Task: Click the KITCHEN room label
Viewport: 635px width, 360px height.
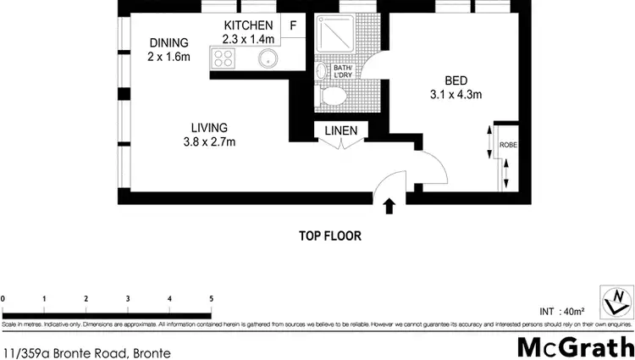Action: pyautogui.click(x=248, y=25)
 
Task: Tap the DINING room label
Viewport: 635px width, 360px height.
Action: pyautogui.click(x=169, y=43)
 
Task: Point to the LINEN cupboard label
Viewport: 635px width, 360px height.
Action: pyautogui.click(x=340, y=130)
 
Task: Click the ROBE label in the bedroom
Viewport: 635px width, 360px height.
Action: pyautogui.click(x=508, y=145)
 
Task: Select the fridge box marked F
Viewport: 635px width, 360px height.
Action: pyautogui.click(x=293, y=25)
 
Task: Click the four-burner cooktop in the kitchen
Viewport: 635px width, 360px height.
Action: pyautogui.click(x=224, y=58)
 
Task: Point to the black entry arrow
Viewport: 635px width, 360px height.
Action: pyautogui.click(x=389, y=206)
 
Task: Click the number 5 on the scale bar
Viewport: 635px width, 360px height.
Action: pyautogui.click(x=211, y=299)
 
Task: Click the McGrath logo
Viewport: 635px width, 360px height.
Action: pyautogui.click(x=575, y=346)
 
